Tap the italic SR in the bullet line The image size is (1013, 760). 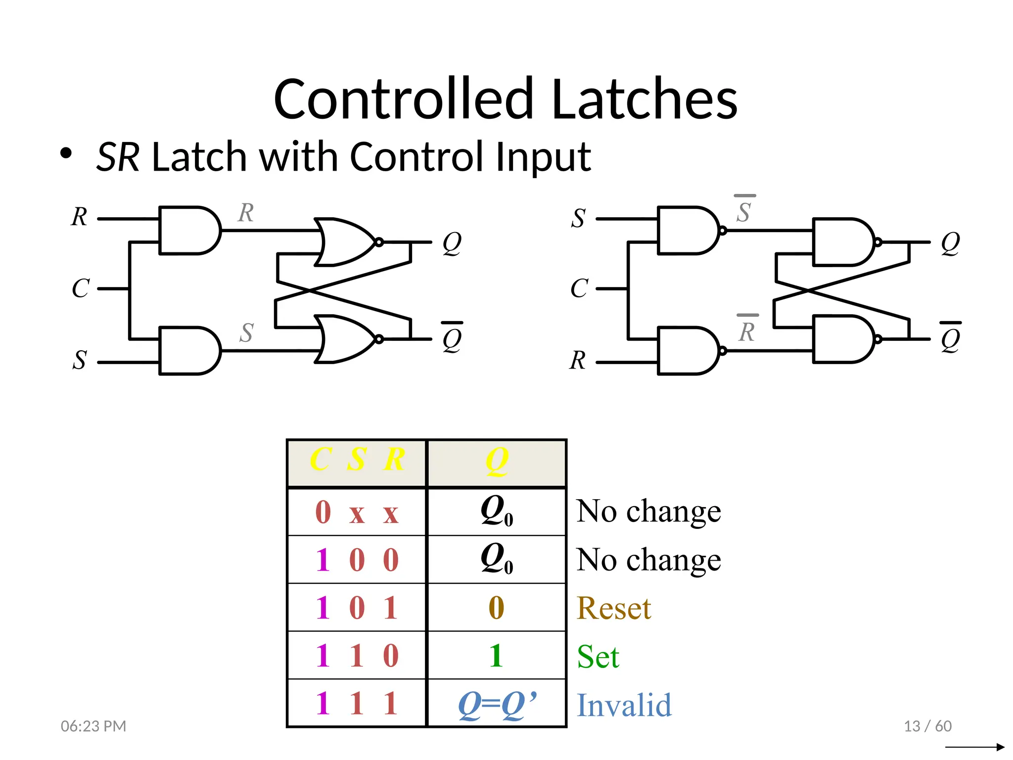pos(118,157)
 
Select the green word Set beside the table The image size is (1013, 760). pos(598,657)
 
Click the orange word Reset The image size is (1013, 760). pos(614,608)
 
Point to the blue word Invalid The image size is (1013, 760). pos(624,705)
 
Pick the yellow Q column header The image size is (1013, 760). pos(497,461)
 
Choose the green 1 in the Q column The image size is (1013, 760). pos(496,656)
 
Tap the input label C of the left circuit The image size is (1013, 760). pos(81,288)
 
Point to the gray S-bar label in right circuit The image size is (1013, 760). pos(744,210)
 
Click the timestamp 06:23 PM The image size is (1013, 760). pos(93,726)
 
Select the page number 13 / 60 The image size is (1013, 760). pos(927,726)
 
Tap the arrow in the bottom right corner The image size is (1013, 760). pos(974,747)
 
